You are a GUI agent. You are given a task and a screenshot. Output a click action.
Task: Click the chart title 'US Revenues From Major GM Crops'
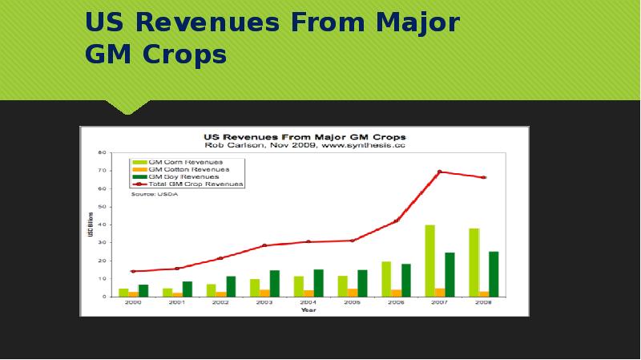[305, 136]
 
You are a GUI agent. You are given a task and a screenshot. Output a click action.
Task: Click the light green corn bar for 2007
[429, 261]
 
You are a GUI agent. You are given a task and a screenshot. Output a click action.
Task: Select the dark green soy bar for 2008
[494, 274]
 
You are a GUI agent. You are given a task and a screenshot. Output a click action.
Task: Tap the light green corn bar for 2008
[474, 262]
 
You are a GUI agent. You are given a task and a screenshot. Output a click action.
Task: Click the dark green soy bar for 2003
[275, 283]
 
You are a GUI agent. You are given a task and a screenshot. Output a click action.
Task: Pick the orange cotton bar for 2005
[353, 293]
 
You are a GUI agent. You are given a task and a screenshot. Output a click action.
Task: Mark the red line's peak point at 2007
[440, 172]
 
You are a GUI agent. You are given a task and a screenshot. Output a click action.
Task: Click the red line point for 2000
[133, 271]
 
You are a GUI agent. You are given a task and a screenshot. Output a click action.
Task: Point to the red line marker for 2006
[396, 220]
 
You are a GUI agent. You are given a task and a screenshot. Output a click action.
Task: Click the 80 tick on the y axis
[103, 152]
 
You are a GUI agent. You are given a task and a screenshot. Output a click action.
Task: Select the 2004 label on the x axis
[308, 303]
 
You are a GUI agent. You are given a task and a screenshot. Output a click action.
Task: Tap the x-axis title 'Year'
[308, 310]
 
